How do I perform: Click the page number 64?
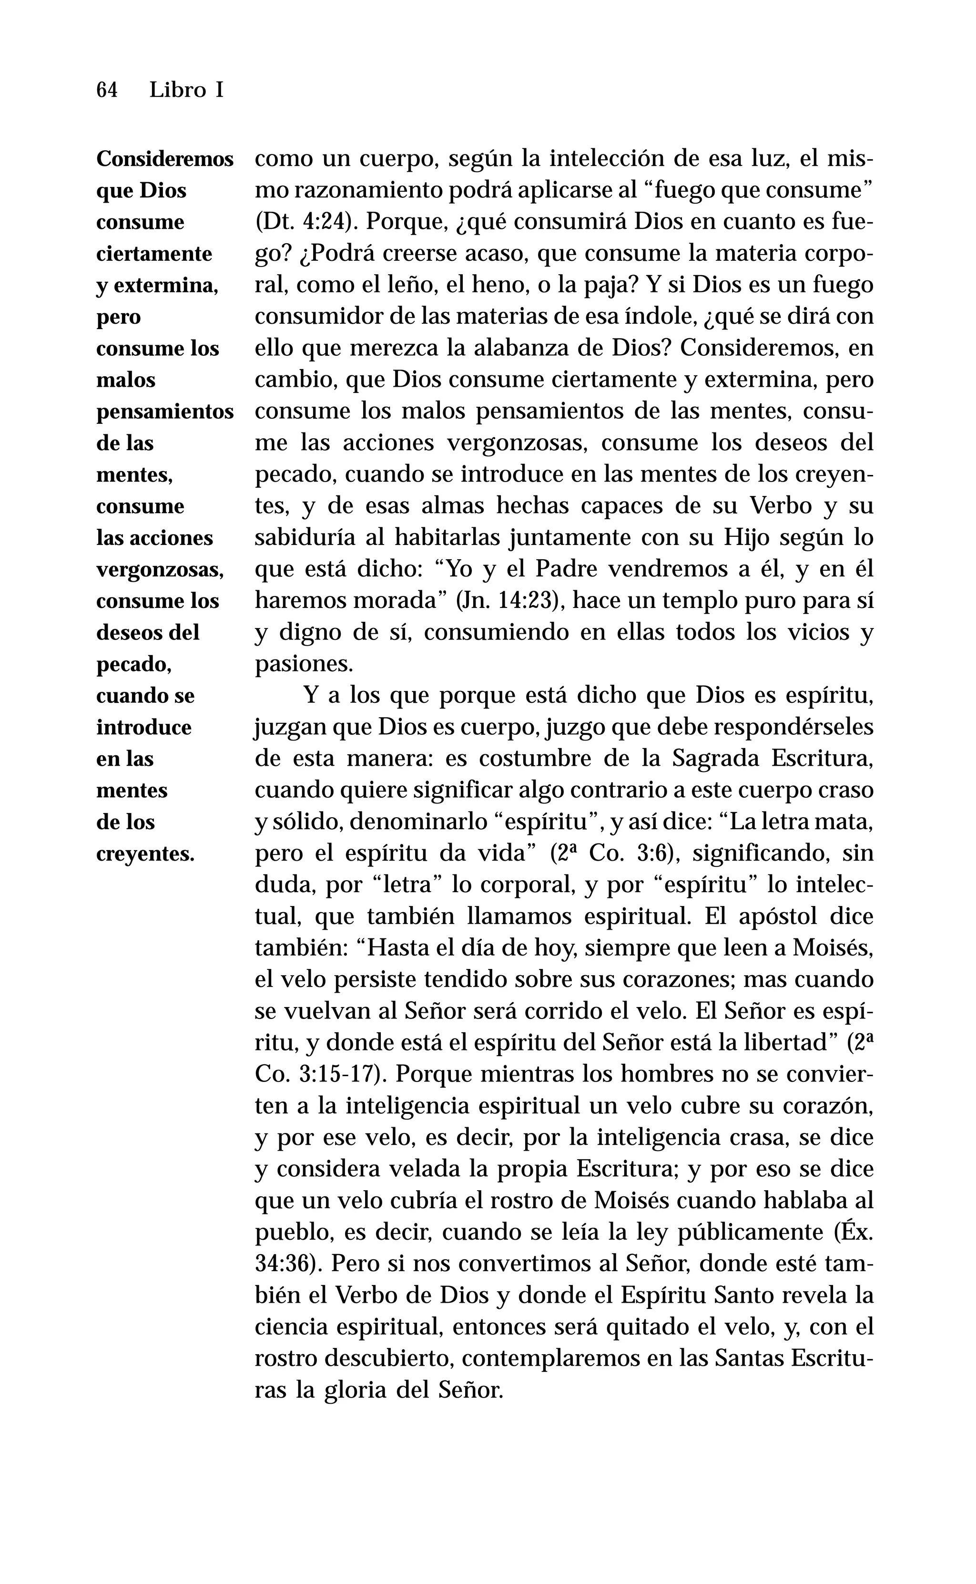(x=106, y=91)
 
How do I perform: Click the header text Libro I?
(x=186, y=91)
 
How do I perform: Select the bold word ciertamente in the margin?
(x=154, y=254)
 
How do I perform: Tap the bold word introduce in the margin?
(x=144, y=728)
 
